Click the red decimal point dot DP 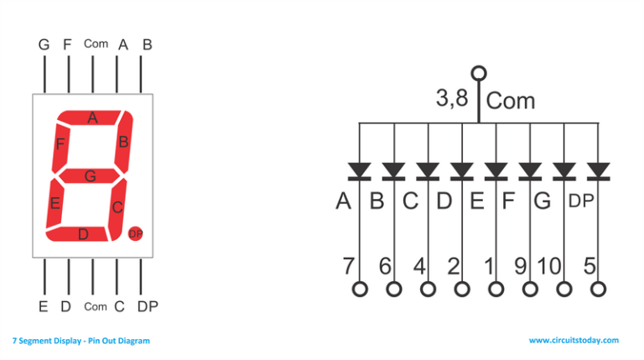[x=136, y=233]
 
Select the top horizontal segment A [x=93, y=118]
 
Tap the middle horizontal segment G [x=90, y=176]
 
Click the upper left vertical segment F [x=60, y=145]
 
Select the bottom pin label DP [x=148, y=307]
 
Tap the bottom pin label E [x=43, y=307]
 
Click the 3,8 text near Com [x=452, y=99]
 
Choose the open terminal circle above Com [x=479, y=73]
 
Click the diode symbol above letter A [x=360, y=171]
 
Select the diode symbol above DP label [x=598, y=171]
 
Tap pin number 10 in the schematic [x=548, y=266]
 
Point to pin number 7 [x=348, y=266]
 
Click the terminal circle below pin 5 [x=598, y=290]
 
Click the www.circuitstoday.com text [x=574, y=341]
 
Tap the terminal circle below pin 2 [x=462, y=290]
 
